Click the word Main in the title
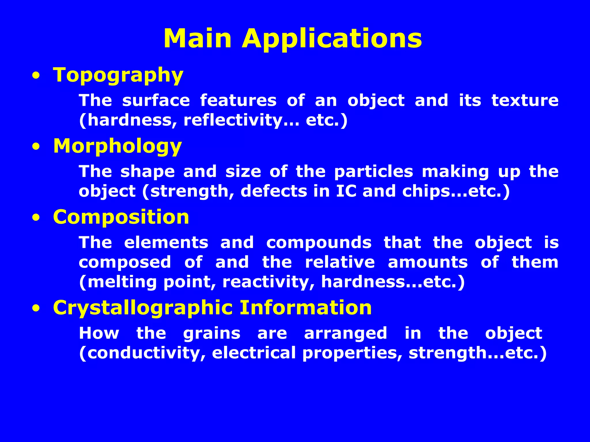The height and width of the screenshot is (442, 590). coord(198,38)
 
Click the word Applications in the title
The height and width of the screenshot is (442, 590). coord(332,39)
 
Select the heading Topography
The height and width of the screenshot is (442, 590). coord(118,75)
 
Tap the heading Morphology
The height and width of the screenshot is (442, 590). coord(118,146)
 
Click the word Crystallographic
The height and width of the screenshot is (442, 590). coord(143,308)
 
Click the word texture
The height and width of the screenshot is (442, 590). coord(525,100)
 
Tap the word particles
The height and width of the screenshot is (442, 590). coord(374,172)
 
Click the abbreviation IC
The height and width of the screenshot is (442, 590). coord(346,191)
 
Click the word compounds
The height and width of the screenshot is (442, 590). coord(319,243)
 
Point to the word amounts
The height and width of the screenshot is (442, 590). coord(428,262)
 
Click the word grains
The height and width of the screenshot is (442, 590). coord(212,334)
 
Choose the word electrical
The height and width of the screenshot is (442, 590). coord(254,353)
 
